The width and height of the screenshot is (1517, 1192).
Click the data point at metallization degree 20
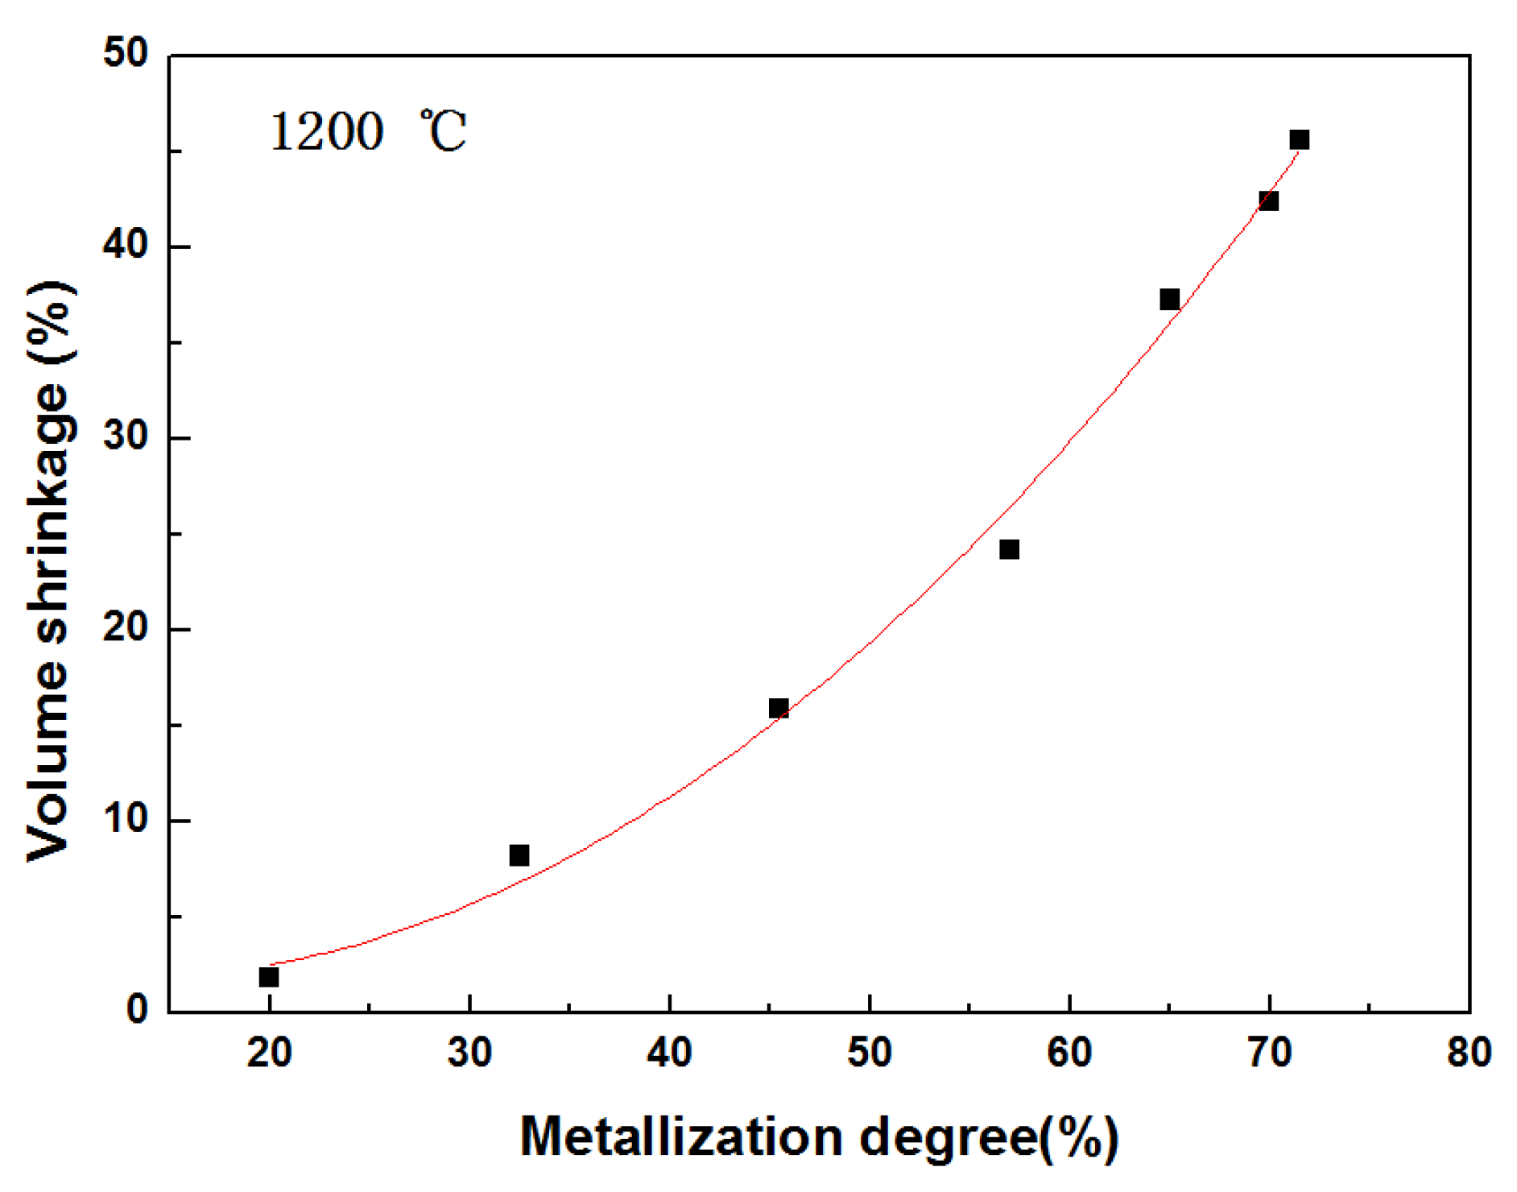(x=269, y=977)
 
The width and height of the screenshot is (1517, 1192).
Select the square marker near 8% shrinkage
(x=519, y=855)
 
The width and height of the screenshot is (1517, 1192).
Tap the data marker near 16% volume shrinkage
(x=779, y=709)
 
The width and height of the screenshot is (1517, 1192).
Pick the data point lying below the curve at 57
(x=1009, y=549)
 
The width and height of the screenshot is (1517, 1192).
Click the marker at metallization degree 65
(x=1170, y=300)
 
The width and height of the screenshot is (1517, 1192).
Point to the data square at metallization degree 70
(x=1269, y=201)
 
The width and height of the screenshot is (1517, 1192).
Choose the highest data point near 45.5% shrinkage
(x=1300, y=140)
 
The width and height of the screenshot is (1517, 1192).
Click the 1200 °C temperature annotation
(x=368, y=131)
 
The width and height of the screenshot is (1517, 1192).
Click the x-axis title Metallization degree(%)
(x=819, y=1137)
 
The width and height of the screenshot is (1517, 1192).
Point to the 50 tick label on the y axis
(x=126, y=54)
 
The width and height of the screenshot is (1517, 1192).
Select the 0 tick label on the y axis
(x=138, y=1010)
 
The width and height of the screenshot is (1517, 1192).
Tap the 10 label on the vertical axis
(x=126, y=818)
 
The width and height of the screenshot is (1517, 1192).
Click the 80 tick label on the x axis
(x=1469, y=1053)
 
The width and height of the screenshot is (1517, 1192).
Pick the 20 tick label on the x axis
(x=269, y=1053)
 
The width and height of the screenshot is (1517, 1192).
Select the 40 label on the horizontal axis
(x=669, y=1053)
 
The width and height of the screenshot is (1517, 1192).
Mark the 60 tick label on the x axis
(x=1069, y=1053)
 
